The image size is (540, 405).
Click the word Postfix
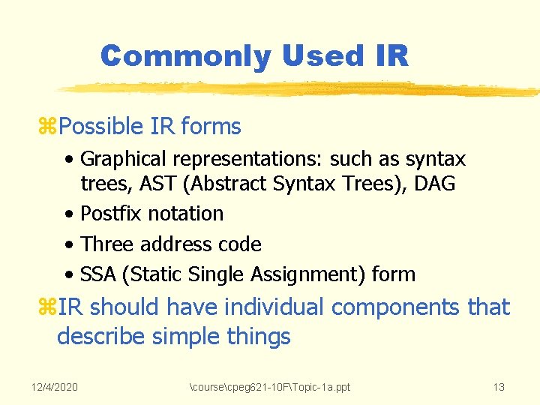pyautogui.click(x=111, y=214)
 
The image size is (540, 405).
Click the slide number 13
pyautogui.click(x=498, y=387)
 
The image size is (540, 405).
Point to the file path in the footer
pyautogui.click(x=270, y=387)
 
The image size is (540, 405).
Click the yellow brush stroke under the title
pyautogui.click(x=300, y=89)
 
